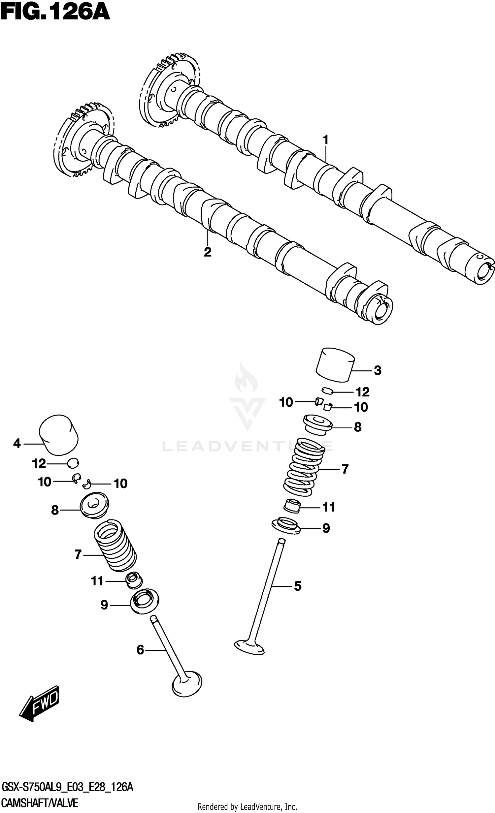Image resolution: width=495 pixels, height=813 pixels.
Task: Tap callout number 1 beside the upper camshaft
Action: [326, 140]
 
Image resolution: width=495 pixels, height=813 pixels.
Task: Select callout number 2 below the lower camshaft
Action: [207, 252]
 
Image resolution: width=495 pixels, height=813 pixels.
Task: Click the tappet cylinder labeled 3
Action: [335, 365]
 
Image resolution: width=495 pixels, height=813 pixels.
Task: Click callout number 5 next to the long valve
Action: [298, 586]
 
